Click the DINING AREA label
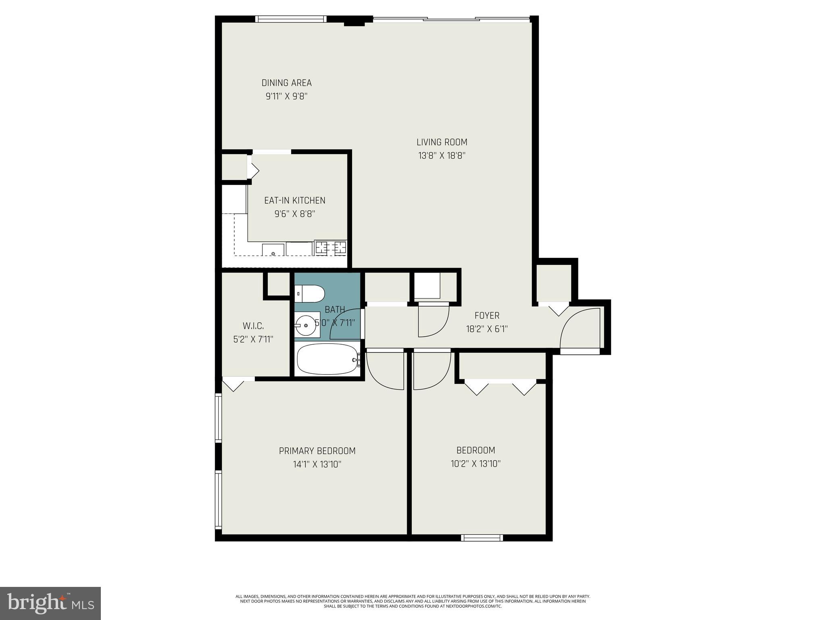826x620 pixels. pos(286,83)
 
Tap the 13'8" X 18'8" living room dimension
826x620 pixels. pos(442,155)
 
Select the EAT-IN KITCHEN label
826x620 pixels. pos(294,200)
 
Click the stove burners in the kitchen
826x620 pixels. pos(330,247)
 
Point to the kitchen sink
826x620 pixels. pos(273,250)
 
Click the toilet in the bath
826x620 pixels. pos(310,294)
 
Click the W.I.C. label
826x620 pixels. pos(253,325)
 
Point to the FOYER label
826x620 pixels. pos(487,316)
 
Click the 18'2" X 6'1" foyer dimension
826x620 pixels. pos(487,329)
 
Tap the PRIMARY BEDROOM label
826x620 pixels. pos(317,451)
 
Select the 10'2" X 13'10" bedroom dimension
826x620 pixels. pos(476,464)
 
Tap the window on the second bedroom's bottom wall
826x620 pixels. pos(482,538)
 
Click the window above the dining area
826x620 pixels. pos(291,19)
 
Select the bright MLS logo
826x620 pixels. pos(50,603)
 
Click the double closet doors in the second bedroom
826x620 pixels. pos(500,387)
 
